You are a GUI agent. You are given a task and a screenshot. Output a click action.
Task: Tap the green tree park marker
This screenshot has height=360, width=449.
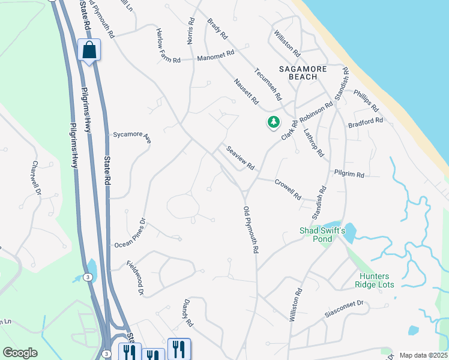[x=274, y=122]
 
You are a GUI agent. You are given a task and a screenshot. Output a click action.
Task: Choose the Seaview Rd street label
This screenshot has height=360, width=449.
[x=240, y=158]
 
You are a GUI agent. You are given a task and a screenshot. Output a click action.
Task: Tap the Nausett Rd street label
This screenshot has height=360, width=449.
[x=246, y=91]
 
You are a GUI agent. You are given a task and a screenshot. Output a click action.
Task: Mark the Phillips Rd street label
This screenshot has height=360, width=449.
[x=366, y=101]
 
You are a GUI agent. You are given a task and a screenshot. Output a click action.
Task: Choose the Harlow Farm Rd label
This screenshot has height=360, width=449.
[x=168, y=46]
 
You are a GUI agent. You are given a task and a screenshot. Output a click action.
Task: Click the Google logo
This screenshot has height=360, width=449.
[x=20, y=353]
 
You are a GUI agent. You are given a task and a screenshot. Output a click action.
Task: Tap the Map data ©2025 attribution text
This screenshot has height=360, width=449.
[x=423, y=355]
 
